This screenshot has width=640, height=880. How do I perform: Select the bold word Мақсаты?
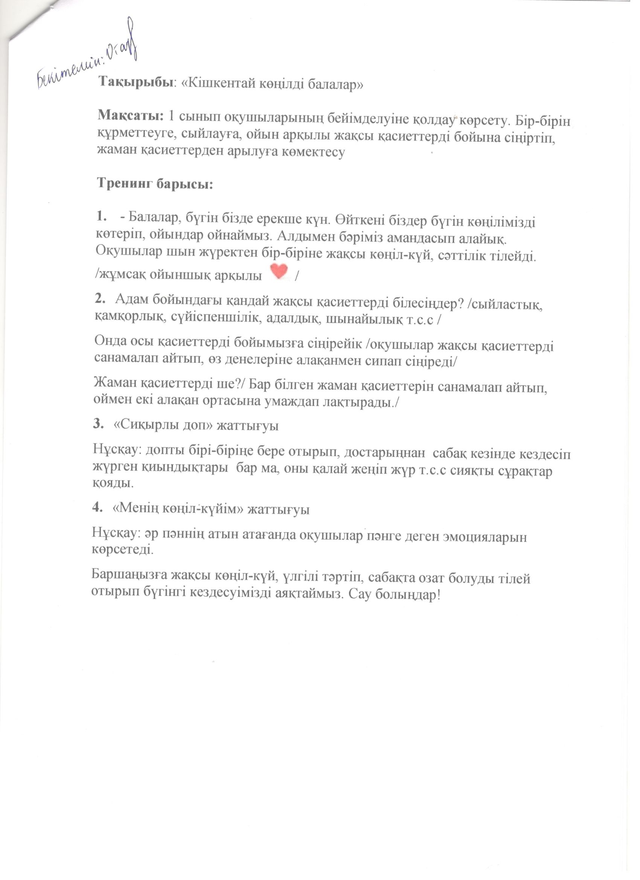click(x=130, y=115)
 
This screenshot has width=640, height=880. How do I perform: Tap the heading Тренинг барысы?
click(x=155, y=183)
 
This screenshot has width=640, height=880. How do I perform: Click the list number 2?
click(x=100, y=298)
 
